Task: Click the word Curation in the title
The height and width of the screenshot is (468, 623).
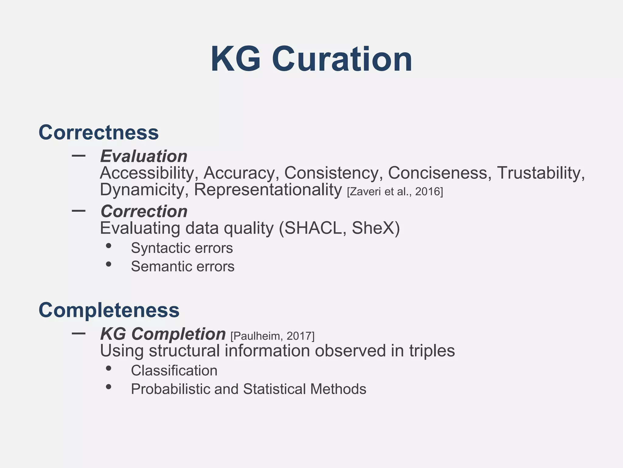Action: pyautogui.click(x=342, y=59)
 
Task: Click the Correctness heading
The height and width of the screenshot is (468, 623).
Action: pyautogui.click(x=99, y=133)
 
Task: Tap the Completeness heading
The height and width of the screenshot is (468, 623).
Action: pyautogui.click(x=109, y=310)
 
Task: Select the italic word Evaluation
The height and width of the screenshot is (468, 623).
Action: pyautogui.click(x=144, y=156)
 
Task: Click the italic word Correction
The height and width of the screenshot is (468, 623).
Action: pyautogui.click(x=144, y=211)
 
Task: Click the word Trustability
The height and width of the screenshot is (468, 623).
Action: pyautogui.click(x=541, y=173)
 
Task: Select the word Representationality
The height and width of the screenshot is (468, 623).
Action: pyautogui.click(x=268, y=190)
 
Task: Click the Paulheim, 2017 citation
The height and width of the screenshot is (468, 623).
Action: pyautogui.click(x=273, y=336)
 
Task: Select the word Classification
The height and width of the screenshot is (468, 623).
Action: pyautogui.click(x=174, y=371)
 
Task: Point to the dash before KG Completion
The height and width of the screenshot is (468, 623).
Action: pyautogui.click(x=78, y=333)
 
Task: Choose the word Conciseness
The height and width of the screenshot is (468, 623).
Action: pyautogui.click(x=440, y=173)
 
